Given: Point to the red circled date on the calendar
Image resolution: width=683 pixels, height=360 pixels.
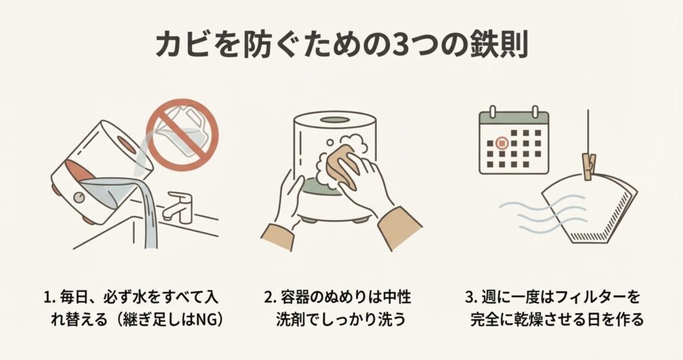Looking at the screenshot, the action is pyautogui.click(x=502, y=143).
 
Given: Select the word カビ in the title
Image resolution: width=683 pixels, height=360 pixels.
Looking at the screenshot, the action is pyautogui.click(x=181, y=45).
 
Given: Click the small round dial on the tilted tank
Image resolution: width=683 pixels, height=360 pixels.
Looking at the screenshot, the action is pyautogui.click(x=79, y=197).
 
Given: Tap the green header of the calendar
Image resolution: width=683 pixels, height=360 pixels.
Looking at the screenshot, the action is pyautogui.click(x=514, y=119).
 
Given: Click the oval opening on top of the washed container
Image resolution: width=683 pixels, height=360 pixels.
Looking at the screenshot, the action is pyautogui.click(x=335, y=120).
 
